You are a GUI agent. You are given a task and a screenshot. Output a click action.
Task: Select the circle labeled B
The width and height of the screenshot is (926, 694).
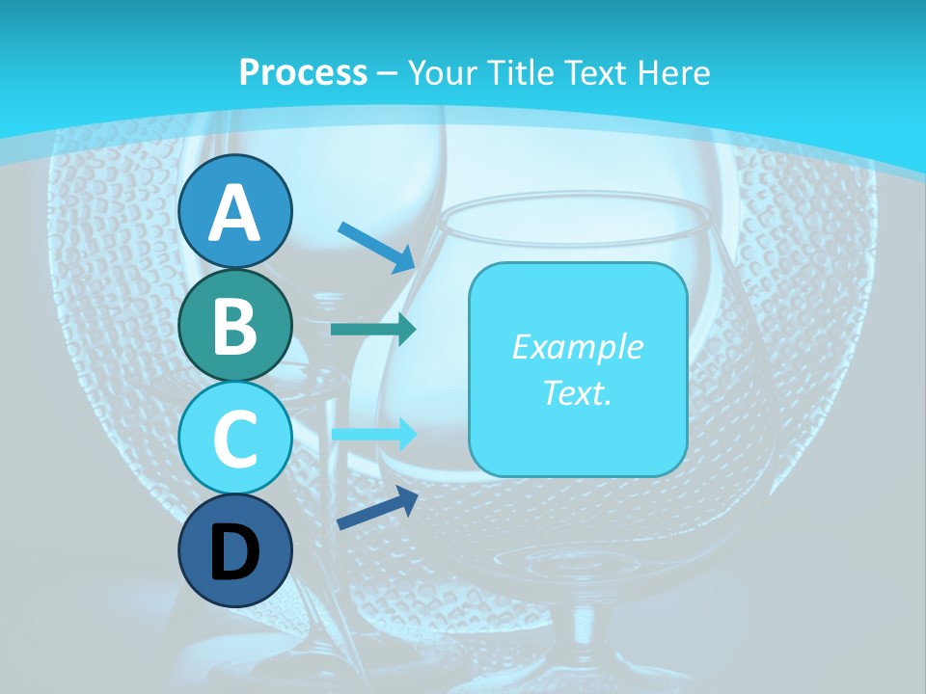[x=235, y=326]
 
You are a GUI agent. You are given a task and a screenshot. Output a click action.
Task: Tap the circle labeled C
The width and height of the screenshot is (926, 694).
[x=235, y=439]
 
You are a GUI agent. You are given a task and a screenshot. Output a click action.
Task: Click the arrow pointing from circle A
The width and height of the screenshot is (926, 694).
[x=376, y=247]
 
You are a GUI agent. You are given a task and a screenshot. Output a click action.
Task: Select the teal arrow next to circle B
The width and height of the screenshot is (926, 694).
[x=373, y=330]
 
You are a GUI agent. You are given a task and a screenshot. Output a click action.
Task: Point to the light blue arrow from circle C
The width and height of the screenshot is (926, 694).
[x=373, y=434]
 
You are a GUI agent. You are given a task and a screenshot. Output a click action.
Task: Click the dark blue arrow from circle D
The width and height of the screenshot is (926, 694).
[x=377, y=509]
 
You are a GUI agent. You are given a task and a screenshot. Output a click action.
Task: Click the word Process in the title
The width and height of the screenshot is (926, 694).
[x=303, y=72]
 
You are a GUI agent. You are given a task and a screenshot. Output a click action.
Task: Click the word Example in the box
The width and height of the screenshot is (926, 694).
[x=577, y=347]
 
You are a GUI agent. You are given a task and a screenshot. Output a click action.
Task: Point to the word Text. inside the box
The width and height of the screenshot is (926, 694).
[x=577, y=392]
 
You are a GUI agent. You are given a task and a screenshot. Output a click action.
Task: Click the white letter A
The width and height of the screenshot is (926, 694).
[x=235, y=214]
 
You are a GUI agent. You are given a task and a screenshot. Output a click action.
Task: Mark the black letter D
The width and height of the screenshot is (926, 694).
[x=235, y=554]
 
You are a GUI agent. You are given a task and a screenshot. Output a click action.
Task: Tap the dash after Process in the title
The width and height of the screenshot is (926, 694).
[x=387, y=73]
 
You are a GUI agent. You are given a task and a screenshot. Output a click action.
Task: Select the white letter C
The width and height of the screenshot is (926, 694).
[x=235, y=440]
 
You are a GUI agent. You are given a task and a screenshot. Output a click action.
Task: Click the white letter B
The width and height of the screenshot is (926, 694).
[x=235, y=327]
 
